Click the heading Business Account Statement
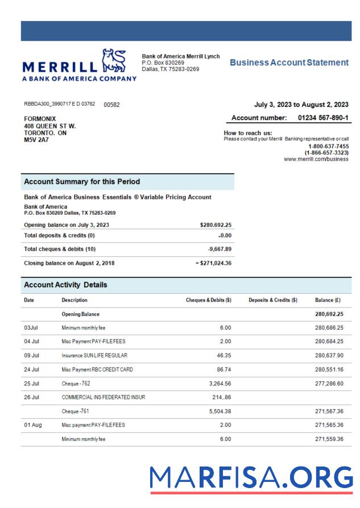[x=289, y=63]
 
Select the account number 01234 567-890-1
[x=323, y=118]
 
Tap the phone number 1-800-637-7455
[x=328, y=147]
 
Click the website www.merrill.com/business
[x=316, y=160]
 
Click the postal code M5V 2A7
[x=36, y=140]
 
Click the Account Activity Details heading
[x=65, y=285]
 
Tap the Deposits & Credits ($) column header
[x=273, y=300]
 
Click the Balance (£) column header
[x=328, y=300]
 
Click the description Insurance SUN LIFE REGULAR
[x=94, y=355]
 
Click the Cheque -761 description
[x=77, y=410]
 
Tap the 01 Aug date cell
[x=33, y=424]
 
